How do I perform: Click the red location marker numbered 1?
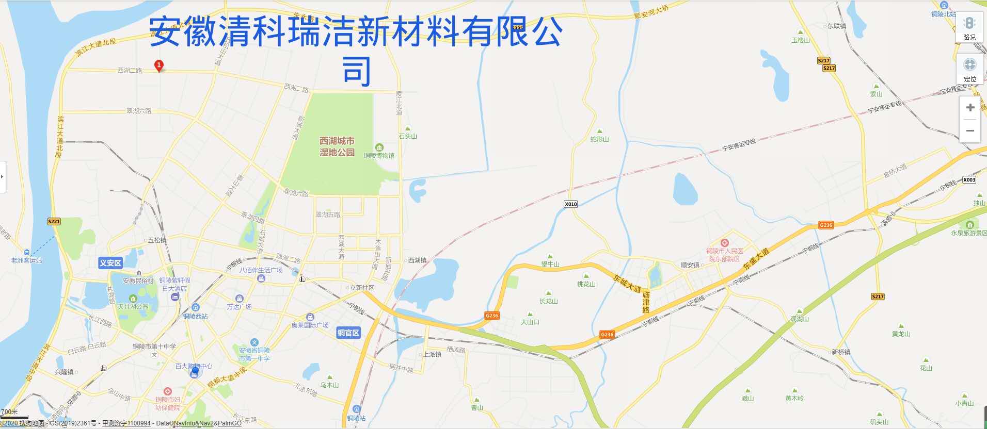[159, 65]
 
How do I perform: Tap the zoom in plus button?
[970, 108]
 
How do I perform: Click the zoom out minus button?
[970, 131]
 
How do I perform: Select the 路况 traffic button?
[969, 28]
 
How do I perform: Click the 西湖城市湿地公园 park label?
[337, 146]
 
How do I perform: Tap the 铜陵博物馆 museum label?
[379, 155]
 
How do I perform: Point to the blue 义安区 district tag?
[110, 263]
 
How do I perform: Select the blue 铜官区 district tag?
[348, 333]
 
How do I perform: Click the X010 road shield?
[570, 204]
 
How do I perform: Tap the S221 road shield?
[54, 222]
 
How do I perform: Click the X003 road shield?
[969, 179]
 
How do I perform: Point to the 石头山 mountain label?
[408, 136]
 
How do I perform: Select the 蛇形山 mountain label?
[599, 139]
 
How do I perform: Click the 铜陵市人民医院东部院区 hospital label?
[725, 255]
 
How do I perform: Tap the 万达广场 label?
[239, 306]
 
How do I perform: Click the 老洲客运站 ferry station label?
[27, 260]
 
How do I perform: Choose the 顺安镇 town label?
[690, 265]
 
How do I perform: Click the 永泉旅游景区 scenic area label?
[969, 233]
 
